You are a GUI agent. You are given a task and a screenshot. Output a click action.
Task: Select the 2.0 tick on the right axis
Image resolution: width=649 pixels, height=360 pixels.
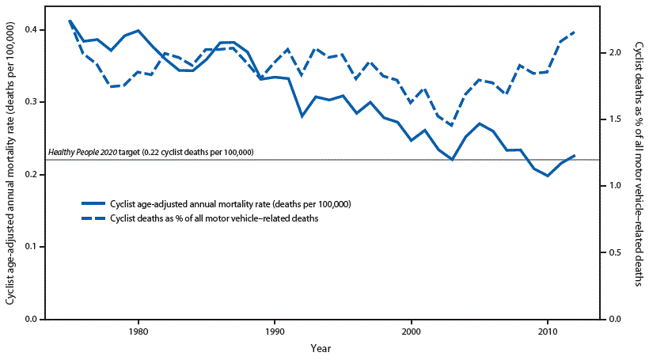tap(614, 52)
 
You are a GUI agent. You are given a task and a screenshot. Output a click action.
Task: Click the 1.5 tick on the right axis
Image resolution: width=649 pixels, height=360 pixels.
tap(614, 119)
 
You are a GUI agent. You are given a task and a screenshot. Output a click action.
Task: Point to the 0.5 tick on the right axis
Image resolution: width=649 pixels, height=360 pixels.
tap(614, 252)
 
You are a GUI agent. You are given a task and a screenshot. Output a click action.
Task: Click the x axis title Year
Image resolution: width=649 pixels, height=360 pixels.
tap(321, 347)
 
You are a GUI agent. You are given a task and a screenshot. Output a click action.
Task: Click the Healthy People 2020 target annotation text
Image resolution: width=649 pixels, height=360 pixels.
tap(150, 152)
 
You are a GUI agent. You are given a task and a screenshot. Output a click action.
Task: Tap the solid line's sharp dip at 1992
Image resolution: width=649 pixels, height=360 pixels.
tap(302, 116)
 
